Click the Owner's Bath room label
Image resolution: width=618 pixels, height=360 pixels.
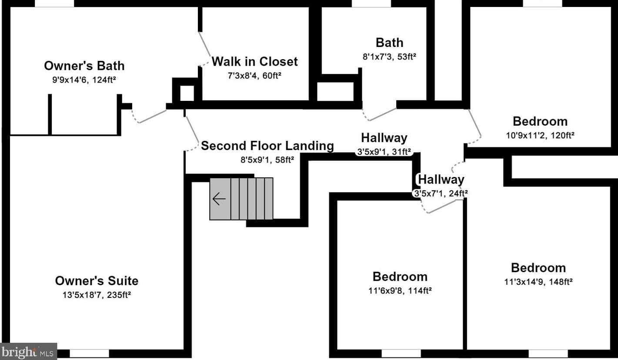(84, 66)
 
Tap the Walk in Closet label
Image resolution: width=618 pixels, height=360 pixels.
(254, 61)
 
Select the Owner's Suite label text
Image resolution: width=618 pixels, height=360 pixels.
(97, 281)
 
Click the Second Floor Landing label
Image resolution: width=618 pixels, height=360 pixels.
(267, 146)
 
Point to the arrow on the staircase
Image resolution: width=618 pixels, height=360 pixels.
(219, 199)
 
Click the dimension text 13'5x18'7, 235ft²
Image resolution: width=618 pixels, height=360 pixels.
(97, 295)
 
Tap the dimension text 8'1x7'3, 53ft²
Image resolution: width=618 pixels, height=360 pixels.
(389, 56)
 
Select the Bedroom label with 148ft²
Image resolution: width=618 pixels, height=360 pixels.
(538, 268)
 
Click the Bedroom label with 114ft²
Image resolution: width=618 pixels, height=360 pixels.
(400, 277)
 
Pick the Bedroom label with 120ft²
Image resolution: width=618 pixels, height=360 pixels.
(540, 121)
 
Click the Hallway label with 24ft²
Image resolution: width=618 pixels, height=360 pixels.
(441, 180)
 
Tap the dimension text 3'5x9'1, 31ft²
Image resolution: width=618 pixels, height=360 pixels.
(384, 152)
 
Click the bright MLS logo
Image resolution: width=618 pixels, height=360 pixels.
(29, 351)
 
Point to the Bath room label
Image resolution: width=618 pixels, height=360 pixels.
(389, 43)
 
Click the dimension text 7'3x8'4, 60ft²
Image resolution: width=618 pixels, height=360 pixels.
(254, 75)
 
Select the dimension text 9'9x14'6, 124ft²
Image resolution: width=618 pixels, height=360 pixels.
(84, 80)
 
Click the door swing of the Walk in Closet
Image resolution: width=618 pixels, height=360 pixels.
(204, 48)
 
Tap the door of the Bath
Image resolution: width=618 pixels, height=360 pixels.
(381, 114)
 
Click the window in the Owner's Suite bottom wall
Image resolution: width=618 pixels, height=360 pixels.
(89, 353)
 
